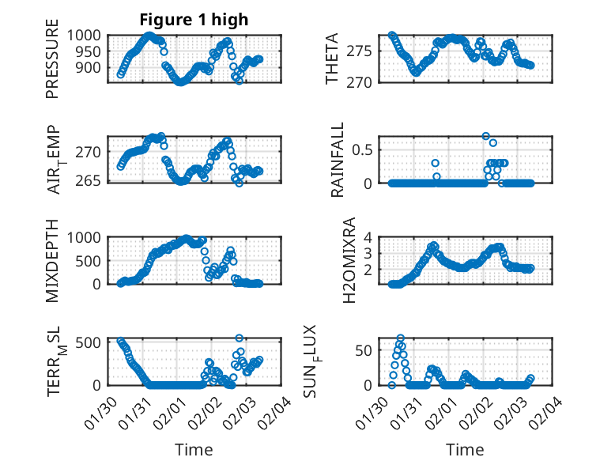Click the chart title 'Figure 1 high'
coord(194,19)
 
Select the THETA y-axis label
coord(332,59)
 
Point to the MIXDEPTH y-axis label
coord(52,260)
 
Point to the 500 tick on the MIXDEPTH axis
coord(92,261)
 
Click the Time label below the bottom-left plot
coord(194,450)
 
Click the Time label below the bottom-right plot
coord(466,450)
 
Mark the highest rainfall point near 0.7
coord(485,136)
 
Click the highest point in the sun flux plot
coord(401,338)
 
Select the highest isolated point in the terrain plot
coord(240,338)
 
